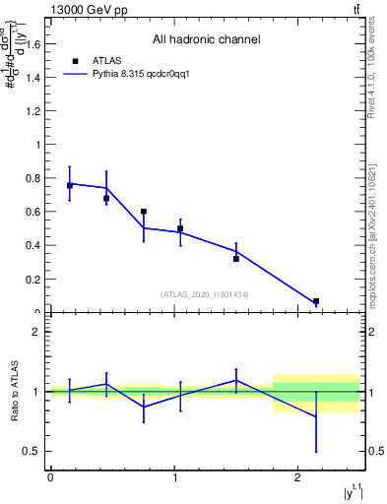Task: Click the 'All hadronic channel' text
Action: (206, 40)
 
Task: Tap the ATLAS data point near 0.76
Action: (70, 185)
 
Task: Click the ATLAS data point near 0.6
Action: (144, 212)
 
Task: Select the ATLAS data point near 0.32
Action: (236, 259)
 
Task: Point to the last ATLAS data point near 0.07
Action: (316, 301)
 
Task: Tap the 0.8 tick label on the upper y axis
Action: (37, 178)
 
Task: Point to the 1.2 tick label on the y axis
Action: (37, 110)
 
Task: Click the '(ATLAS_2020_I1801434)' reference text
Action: (204, 294)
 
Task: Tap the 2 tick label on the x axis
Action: (298, 477)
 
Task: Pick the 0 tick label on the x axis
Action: (50, 477)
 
